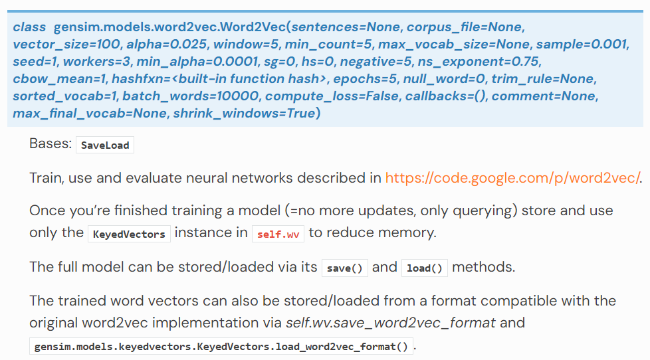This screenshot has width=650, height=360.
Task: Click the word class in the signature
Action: click(x=29, y=27)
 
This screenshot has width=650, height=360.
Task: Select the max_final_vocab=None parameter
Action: click(x=90, y=114)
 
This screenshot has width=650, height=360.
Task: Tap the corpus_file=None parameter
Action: click(x=465, y=27)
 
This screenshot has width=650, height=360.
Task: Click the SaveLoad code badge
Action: click(x=105, y=145)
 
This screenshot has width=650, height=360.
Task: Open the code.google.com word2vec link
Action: click(x=513, y=178)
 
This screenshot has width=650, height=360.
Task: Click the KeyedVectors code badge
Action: click(x=129, y=234)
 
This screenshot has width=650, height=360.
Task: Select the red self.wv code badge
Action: click(x=278, y=234)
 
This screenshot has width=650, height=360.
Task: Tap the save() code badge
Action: click(x=344, y=268)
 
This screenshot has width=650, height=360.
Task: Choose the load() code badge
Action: click(x=425, y=268)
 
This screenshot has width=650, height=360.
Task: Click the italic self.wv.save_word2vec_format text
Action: click(x=391, y=323)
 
